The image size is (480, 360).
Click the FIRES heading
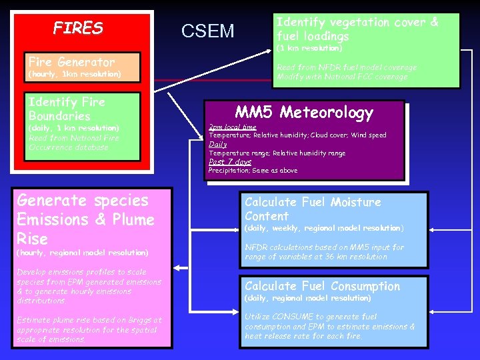tap(78, 29)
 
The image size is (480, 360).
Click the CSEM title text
tap(208, 31)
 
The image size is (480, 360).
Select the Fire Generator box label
tap(71, 61)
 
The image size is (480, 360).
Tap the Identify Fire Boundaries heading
tap(66, 109)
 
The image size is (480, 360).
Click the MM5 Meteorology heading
tap(304, 113)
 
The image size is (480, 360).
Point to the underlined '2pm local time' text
tap(232, 127)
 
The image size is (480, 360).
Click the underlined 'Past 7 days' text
tap(230, 162)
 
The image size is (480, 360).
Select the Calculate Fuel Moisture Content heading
tap(313, 209)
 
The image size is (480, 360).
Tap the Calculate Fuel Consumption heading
tap(322, 286)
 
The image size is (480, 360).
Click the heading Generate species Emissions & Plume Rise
tap(85, 219)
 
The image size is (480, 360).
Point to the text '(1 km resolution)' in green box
tap(309, 49)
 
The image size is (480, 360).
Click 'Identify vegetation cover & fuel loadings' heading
tap(357, 29)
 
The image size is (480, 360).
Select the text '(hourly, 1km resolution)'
tap(74, 74)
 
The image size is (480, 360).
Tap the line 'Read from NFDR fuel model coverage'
tap(347, 67)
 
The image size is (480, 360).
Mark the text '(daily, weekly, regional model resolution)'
tap(324, 228)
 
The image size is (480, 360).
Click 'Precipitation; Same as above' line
tap(253, 171)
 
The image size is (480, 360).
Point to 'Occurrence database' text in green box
tap(68, 147)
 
